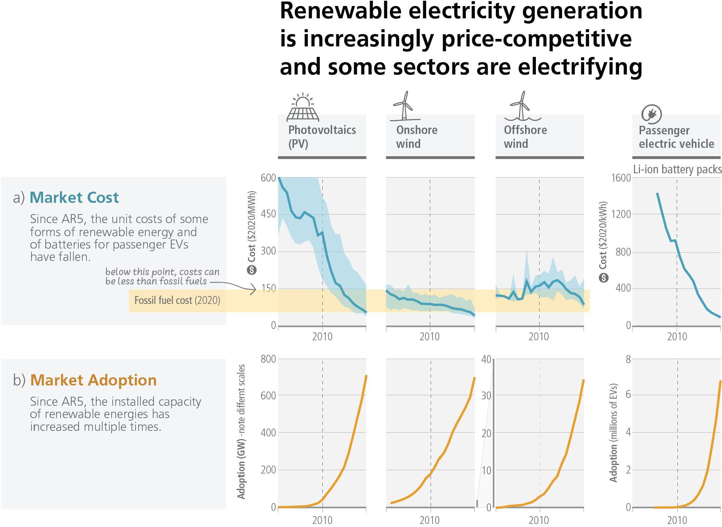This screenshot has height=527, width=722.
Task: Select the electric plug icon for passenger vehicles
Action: pyautogui.click(x=651, y=114)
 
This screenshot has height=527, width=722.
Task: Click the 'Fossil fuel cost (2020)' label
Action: pyautogui.click(x=177, y=301)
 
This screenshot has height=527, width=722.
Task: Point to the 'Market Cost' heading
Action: pyautogui.click(x=74, y=198)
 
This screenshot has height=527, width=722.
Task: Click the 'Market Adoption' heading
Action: pyautogui.click(x=93, y=380)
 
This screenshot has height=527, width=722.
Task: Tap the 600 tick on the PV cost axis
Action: pyautogui.click(x=268, y=178)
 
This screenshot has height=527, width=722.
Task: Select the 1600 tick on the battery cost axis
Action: pyautogui.click(x=621, y=178)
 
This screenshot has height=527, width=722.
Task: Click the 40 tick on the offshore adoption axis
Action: pyautogui.click(x=486, y=360)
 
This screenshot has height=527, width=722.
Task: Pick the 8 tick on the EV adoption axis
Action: pyautogui.click(x=628, y=360)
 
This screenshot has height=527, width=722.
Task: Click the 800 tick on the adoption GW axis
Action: pyautogui.click(x=268, y=359)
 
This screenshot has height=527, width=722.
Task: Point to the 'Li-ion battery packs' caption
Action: pyautogui.click(x=677, y=170)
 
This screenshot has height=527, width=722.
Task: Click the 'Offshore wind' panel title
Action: pyautogui.click(x=525, y=137)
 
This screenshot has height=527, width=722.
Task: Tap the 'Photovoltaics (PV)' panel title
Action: pyautogui.click(x=322, y=137)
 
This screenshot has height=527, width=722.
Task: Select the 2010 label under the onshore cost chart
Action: pyautogui.click(x=430, y=337)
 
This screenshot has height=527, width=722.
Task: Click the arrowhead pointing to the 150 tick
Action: pyautogui.click(x=254, y=289)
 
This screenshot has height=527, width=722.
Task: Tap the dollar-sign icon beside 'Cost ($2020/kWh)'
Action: pyautogui.click(x=603, y=278)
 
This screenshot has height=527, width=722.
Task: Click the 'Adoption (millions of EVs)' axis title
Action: pyautogui.click(x=613, y=432)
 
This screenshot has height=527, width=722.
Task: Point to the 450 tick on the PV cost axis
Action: pyautogui.click(x=268, y=214)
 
